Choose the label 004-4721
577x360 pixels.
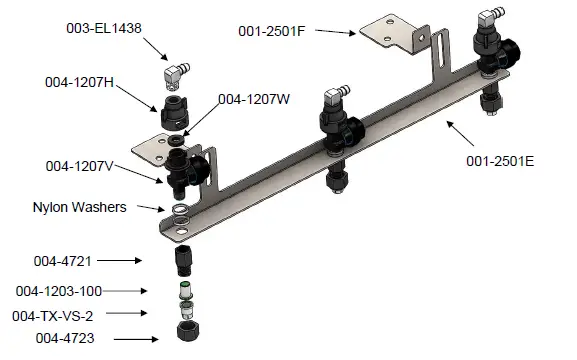[62, 261]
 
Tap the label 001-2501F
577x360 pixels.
[272, 31]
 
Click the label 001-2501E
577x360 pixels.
[500, 160]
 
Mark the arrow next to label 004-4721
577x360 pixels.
[128, 261]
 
